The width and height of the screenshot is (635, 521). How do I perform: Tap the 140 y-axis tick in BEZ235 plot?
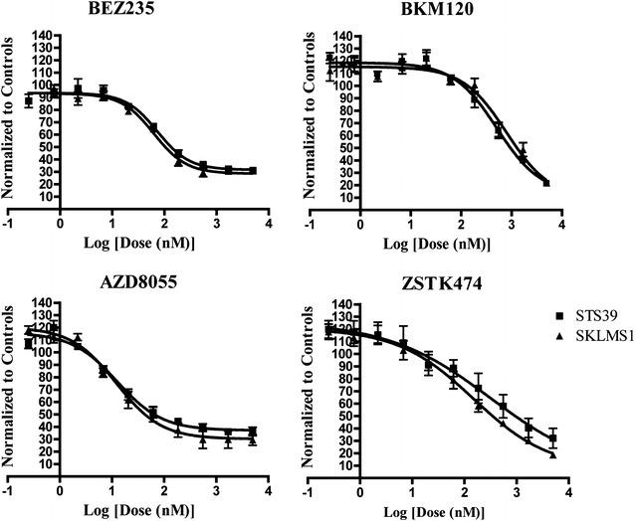pyautogui.click(x=42, y=35)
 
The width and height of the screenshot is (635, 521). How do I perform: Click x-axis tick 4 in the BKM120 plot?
pyautogui.click(x=562, y=224)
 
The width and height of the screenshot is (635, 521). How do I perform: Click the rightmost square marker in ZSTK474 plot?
pyautogui.click(x=552, y=438)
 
